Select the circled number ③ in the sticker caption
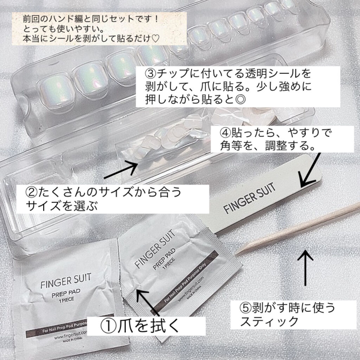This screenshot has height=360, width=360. (152, 75)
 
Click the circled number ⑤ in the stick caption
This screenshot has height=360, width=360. (243, 308)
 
